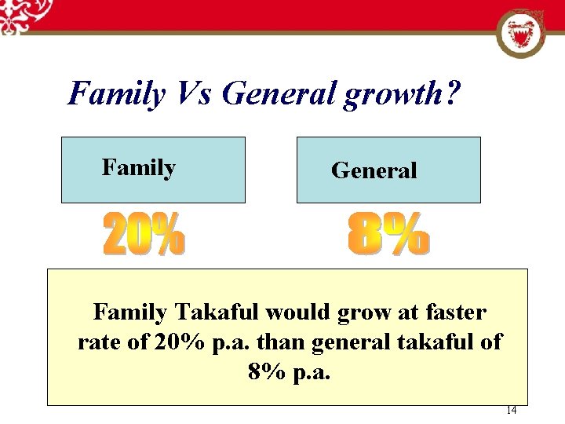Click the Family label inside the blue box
(139, 167)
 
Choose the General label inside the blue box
(374, 170)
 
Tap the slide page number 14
(511, 410)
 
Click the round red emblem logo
(521, 33)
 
